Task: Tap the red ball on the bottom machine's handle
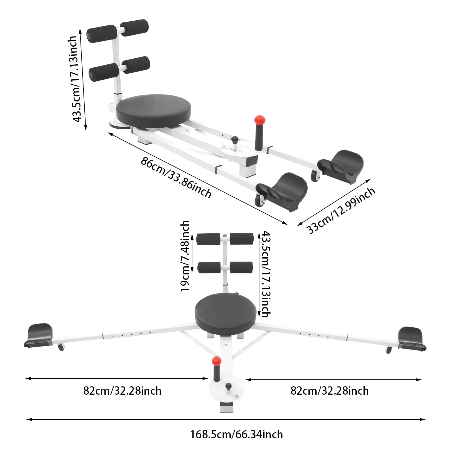pos(216,361)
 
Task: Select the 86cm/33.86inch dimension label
pos(176,177)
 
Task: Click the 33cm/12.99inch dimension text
pos(341,211)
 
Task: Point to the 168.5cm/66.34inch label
pos(236,434)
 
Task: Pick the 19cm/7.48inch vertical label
pos(185,256)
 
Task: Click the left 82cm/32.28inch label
pos(122,391)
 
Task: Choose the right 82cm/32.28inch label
pos(329,391)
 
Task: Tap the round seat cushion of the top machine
pos(153,110)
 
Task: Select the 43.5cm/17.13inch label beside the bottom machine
pos(265,274)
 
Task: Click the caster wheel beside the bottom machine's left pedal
pos(61,348)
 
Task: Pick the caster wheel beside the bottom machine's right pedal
pos(389,350)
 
